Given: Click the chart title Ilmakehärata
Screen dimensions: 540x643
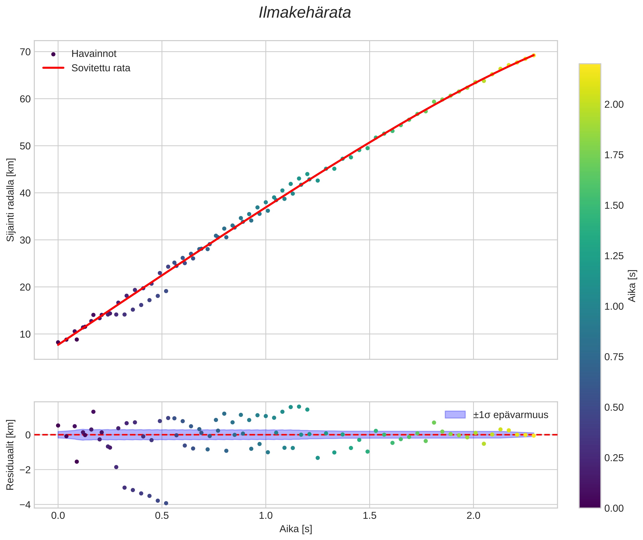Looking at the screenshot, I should click(305, 13).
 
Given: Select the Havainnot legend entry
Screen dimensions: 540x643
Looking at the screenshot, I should click(94, 54).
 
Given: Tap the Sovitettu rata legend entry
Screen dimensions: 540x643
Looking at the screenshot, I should click(101, 68).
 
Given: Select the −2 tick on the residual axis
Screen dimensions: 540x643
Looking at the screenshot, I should click(25, 470).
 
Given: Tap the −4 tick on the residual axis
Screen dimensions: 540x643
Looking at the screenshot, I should click(25, 505).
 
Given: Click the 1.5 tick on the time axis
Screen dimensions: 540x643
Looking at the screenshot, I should click(369, 516).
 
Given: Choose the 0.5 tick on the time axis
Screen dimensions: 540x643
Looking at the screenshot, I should click(162, 516).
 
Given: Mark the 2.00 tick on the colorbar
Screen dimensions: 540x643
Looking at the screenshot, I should click(614, 105).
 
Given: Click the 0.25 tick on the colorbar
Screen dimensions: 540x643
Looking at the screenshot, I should click(614, 458).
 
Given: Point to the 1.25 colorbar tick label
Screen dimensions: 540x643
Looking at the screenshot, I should click(614, 256).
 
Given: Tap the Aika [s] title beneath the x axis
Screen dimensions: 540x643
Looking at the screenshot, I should click(296, 529).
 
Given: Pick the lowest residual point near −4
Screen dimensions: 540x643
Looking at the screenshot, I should click(166, 503).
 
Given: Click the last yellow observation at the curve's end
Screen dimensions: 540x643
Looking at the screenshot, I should click(533, 55).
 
